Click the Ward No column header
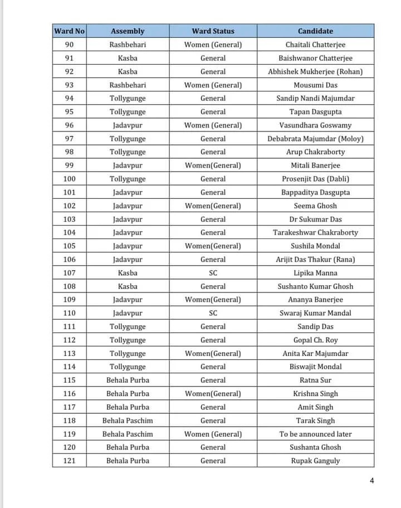[x=69, y=31]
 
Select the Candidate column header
[x=315, y=31]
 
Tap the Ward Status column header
[x=213, y=31]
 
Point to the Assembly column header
[x=128, y=31]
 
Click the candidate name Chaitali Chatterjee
[x=315, y=45]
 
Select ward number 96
[x=69, y=125]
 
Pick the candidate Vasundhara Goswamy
[x=315, y=125]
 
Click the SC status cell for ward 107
[x=213, y=273]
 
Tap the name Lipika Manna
[x=315, y=273]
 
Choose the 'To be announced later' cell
[x=315, y=434]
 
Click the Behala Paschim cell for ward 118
[x=128, y=421]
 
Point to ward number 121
[x=69, y=461]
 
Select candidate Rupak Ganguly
[x=315, y=461]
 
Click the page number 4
[x=372, y=481]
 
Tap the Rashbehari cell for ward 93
[x=128, y=85]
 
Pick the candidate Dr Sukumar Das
[x=315, y=219]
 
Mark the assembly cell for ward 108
[x=128, y=286]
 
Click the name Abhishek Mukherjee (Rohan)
[x=315, y=72]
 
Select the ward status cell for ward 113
[x=213, y=354]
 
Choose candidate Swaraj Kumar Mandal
[x=315, y=313]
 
